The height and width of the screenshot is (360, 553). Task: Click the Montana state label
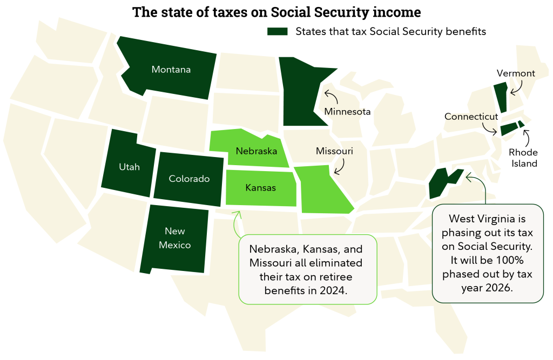tap(171, 70)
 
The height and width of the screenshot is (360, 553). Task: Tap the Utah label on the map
tap(129, 167)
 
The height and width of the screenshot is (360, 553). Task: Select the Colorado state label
tap(189, 179)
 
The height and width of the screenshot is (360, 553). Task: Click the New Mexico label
tap(175, 238)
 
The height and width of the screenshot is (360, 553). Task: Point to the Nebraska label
tap(256, 151)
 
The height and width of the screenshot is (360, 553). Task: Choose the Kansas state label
tap(260, 188)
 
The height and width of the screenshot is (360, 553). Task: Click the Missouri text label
tap(334, 152)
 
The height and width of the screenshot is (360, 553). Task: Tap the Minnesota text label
tap(347, 112)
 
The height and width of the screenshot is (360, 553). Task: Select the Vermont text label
tap(516, 73)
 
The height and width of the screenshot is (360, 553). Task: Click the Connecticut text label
tap(471, 117)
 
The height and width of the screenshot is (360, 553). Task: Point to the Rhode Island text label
tap(523, 158)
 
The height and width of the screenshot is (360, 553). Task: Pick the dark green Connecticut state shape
tap(509, 129)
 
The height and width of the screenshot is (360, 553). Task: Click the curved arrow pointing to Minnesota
tap(331, 98)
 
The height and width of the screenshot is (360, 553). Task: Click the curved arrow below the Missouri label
tap(340, 167)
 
